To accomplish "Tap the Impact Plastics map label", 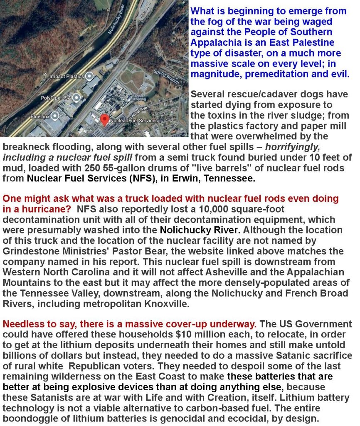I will click(66, 77).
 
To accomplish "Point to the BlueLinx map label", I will click(40, 116).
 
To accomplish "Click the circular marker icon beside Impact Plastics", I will click(89, 76).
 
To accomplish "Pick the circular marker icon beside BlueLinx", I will click(55, 116).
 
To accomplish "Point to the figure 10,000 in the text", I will click(206, 209).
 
